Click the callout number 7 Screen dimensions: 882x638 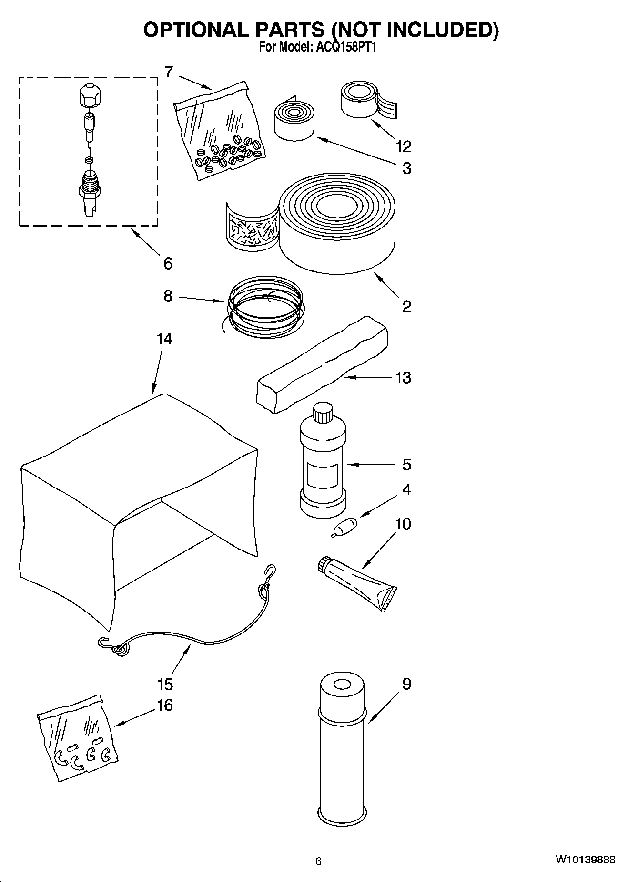coord(168,72)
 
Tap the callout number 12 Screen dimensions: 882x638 coord(403,146)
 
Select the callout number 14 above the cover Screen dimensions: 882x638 coord(164,339)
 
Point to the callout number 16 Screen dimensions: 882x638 coord(164,705)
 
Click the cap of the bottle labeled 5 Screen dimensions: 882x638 coord(323,412)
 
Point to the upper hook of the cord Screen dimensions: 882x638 coord(271,571)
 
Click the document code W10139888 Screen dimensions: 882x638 coord(585,860)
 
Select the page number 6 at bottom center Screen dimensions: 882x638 coord(318,861)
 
